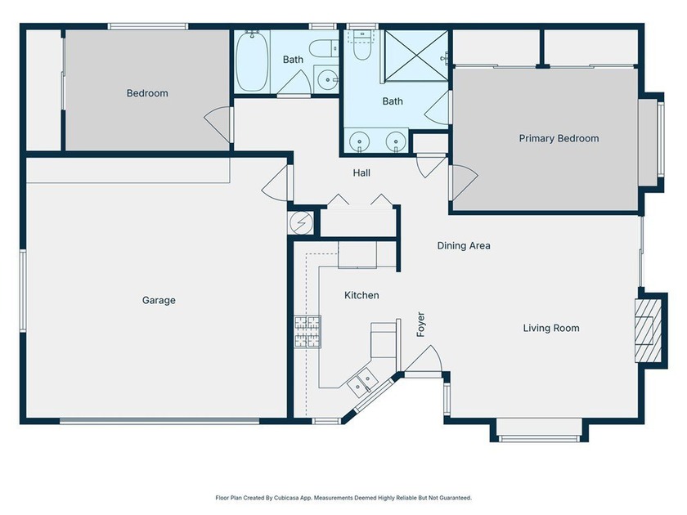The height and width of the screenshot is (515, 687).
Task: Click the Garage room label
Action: (x=159, y=301)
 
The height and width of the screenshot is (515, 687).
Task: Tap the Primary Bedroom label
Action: (x=559, y=138)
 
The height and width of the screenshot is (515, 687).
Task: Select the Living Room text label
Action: (x=551, y=328)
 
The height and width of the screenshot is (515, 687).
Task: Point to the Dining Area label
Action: (x=464, y=246)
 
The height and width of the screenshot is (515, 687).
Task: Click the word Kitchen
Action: (x=361, y=295)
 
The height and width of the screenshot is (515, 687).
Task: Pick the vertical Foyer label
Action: (x=420, y=325)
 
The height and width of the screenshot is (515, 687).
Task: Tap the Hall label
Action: (x=361, y=173)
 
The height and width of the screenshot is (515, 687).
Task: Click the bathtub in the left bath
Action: (x=252, y=60)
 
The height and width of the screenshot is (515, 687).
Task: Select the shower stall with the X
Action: (x=416, y=56)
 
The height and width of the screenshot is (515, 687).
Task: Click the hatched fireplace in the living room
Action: (x=648, y=330)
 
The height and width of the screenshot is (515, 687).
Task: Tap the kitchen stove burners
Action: (x=308, y=332)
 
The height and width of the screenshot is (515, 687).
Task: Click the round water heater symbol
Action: (x=302, y=223)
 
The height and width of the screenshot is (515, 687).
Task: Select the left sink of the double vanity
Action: (x=360, y=141)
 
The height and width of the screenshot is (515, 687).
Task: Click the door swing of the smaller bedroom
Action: (x=218, y=125)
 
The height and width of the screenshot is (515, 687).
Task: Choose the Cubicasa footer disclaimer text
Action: (x=343, y=498)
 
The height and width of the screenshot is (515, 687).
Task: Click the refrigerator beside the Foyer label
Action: (x=384, y=340)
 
